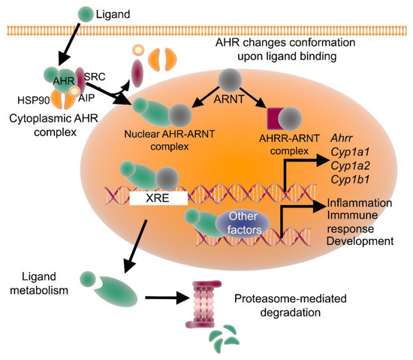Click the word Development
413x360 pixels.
click(360, 242)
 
